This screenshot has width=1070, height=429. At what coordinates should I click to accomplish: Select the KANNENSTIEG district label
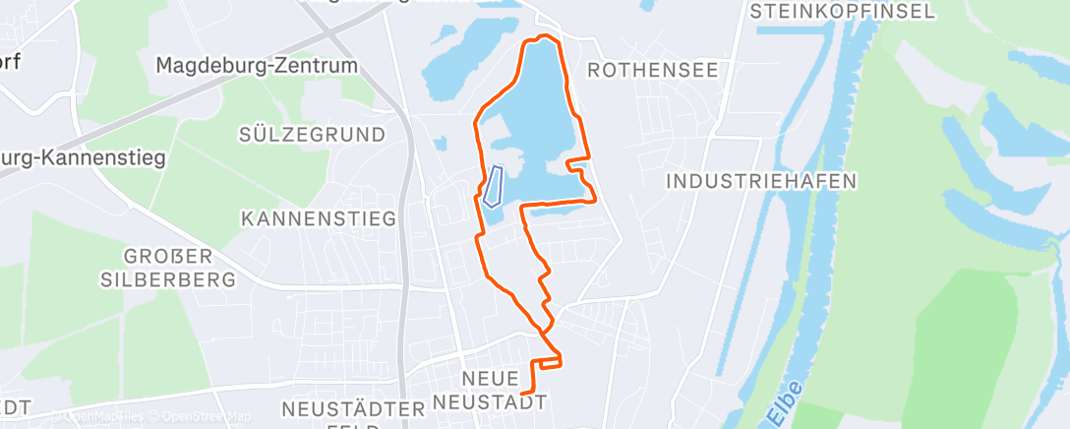coord(319,217)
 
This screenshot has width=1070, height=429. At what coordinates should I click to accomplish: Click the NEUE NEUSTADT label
coord(503,389)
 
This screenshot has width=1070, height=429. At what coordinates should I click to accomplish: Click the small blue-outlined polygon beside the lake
coord(494,186)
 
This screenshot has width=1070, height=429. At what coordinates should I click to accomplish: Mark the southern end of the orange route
coord(520,395)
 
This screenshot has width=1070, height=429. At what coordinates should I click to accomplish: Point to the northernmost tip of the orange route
coord(541,38)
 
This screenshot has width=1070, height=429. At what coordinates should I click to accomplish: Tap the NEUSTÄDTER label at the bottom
coord(344,407)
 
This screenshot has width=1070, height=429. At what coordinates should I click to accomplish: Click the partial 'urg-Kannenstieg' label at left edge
coord(84,156)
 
